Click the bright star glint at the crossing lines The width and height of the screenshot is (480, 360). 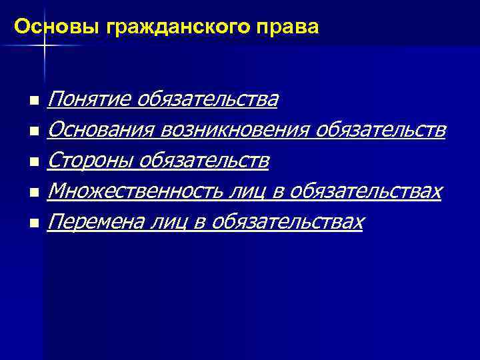coord(43,44)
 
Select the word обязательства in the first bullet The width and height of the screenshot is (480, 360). coord(208,100)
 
